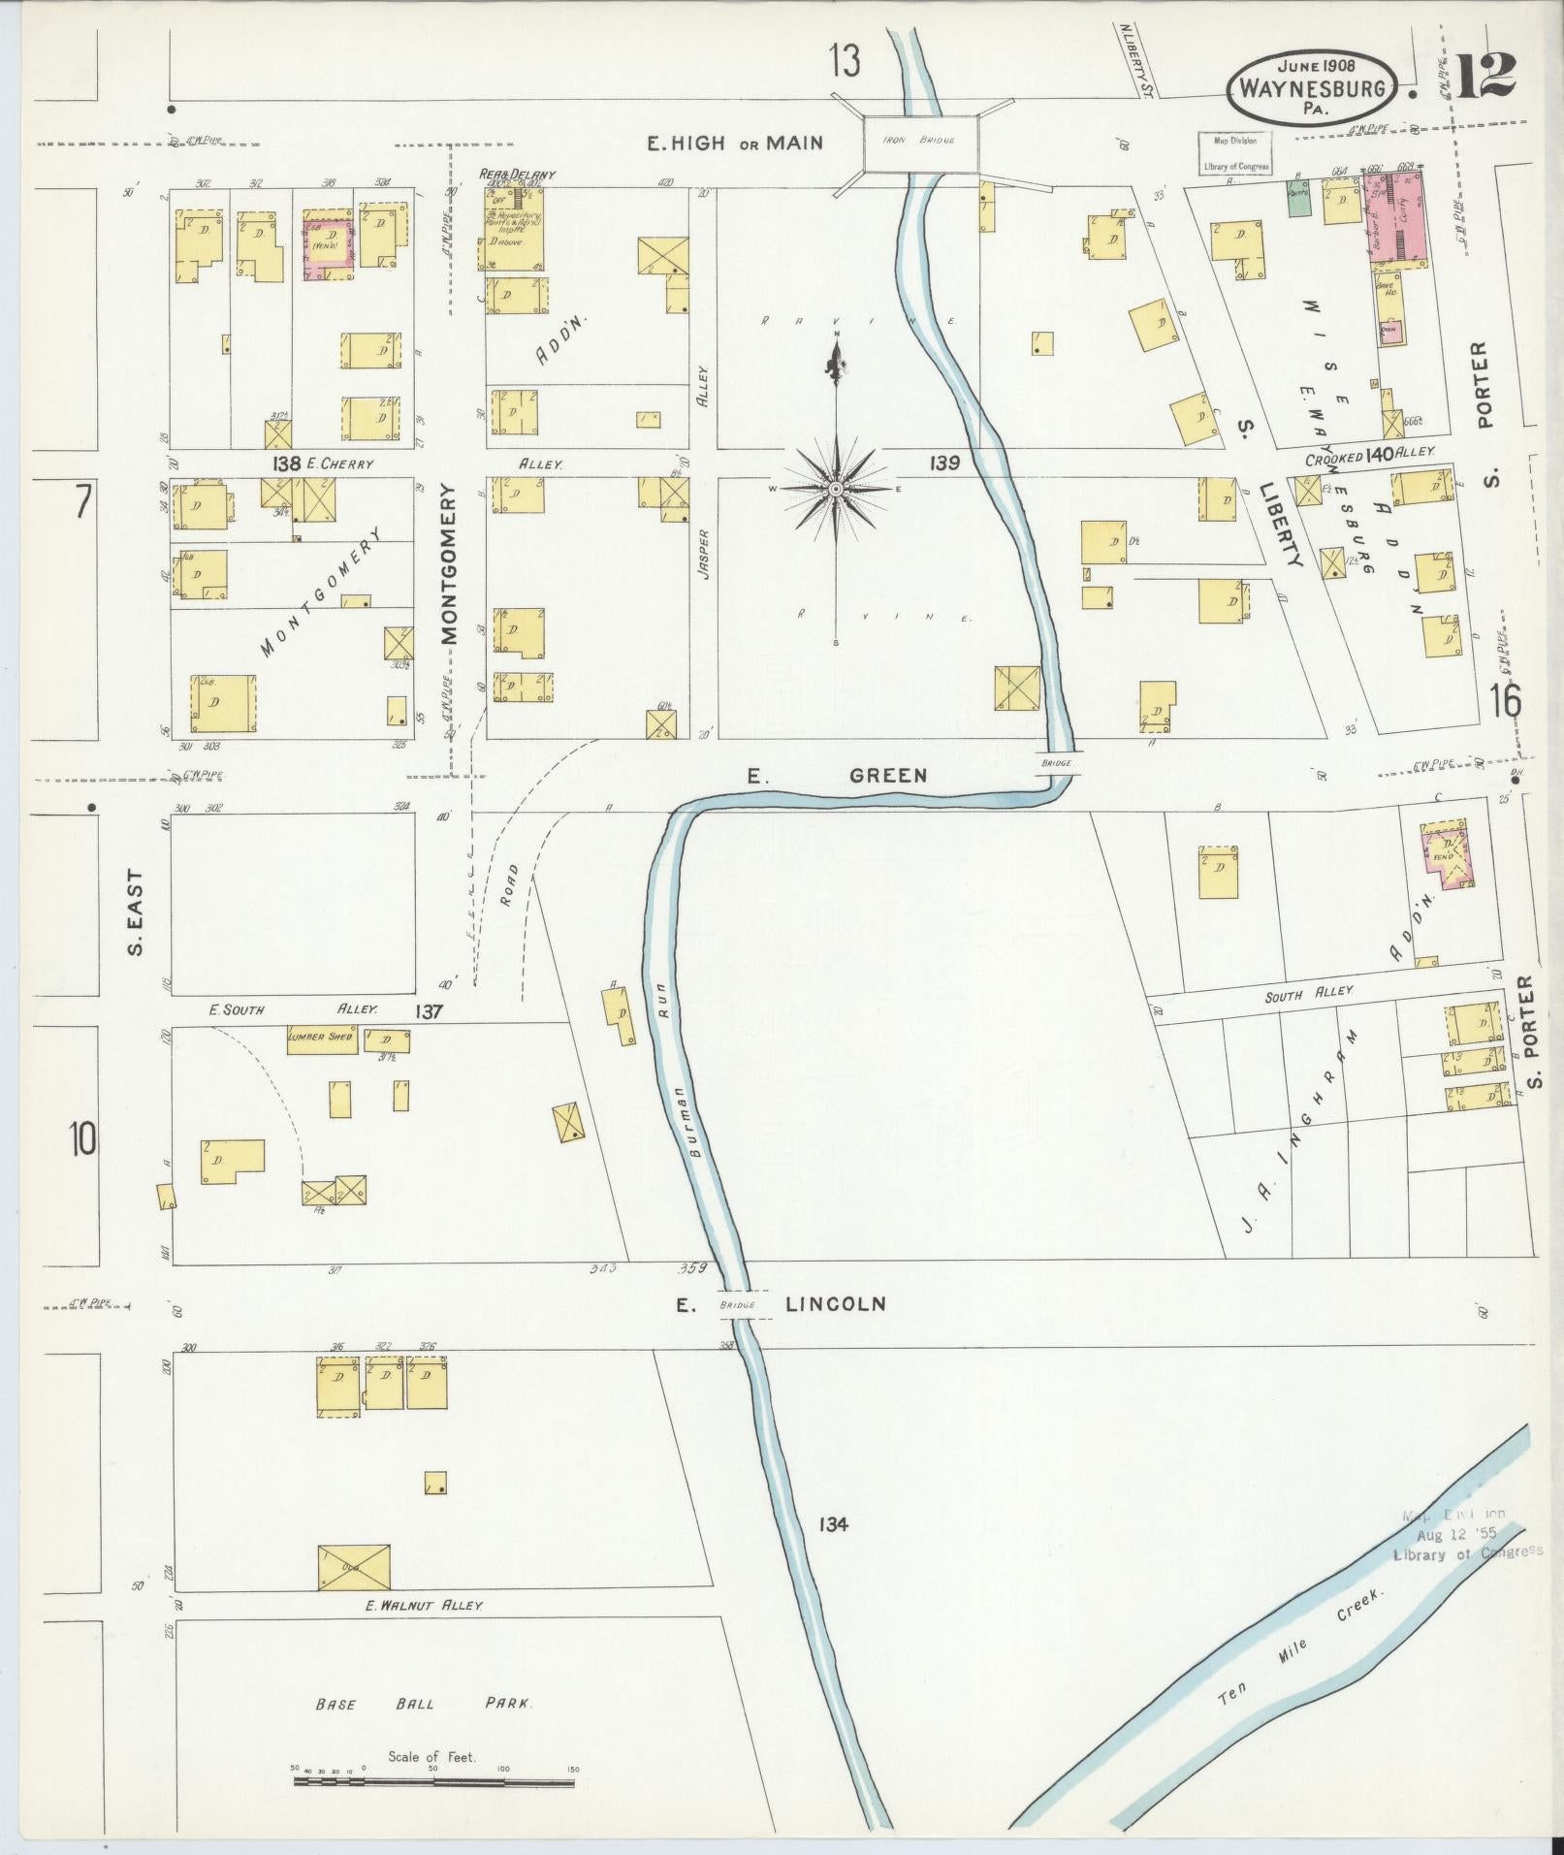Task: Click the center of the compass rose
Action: (x=835, y=490)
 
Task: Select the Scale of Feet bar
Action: (x=434, y=1781)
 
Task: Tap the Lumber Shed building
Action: (x=321, y=1037)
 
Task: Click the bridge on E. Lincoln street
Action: (x=737, y=1304)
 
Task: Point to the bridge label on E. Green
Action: (x=1057, y=763)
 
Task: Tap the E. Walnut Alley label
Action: (x=423, y=1605)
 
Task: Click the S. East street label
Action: (x=136, y=912)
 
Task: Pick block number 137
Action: (x=430, y=1011)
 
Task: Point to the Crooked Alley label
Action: (x=1369, y=455)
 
